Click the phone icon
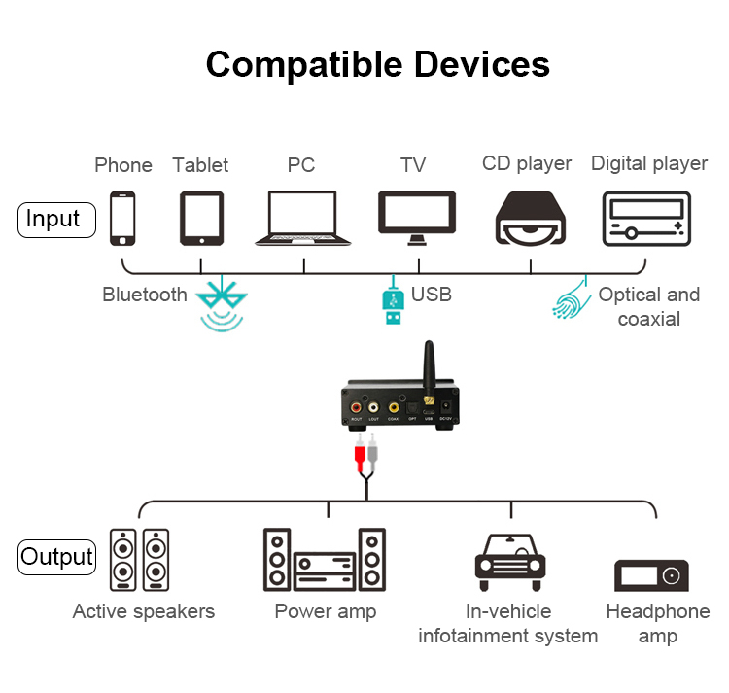pyautogui.click(x=122, y=218)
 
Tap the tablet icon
pyautogui.click(x=201, y=218)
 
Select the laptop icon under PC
pyautogui.click(x=302, y=218)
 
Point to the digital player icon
pyautogui.click(x=646, y=218)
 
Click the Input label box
pyautogui.click(x=56, y=220)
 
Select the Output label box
pyautogui.click(x=57, y=557)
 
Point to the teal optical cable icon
pyautogui.click(x=572, y=299)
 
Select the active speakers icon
pyautogui.click(x=139, y=560)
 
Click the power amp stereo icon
pyautogui.click(x=325, y=560)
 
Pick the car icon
pyautogui.click(x=509, y=562)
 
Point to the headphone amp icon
pyautogui.click(x=651, y=574)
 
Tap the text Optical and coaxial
pyautogui.click(x=648, y=306)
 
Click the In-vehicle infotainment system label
pyautogui.click(x=507, y=623)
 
